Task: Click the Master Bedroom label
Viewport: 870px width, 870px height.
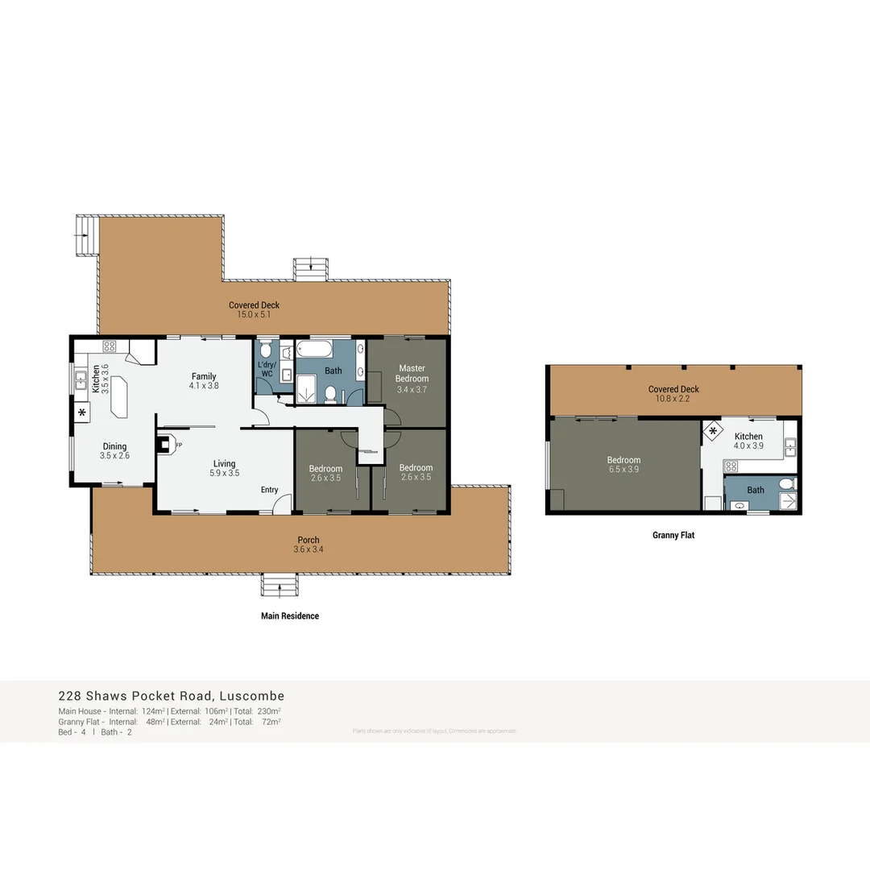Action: point(412,374)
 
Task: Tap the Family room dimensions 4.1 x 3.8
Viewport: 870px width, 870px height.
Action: point(204,386)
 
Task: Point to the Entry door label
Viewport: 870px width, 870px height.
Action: point(269,490)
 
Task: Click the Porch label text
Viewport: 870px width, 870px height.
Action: point(309,540)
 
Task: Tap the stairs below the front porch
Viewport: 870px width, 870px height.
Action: point(279,585)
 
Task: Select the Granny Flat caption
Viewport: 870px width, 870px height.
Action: point(673,535)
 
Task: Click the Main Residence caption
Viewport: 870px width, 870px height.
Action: point(290,616)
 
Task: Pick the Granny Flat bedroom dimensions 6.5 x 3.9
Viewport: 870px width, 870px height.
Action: point(623,470)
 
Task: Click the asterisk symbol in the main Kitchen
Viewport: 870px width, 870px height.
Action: point(82,413)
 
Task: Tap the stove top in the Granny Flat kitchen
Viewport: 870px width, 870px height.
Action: point(731,466)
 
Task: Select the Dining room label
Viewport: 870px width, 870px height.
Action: point(114,446)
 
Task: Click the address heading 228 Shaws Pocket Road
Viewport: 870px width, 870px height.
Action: point(171,696)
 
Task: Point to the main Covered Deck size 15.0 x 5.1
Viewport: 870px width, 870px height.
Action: point(254,314)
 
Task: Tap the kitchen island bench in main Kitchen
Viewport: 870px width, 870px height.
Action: point(118,396)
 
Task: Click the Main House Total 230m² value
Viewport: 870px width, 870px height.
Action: point(268,711)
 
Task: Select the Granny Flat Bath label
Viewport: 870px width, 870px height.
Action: point(756,490)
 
